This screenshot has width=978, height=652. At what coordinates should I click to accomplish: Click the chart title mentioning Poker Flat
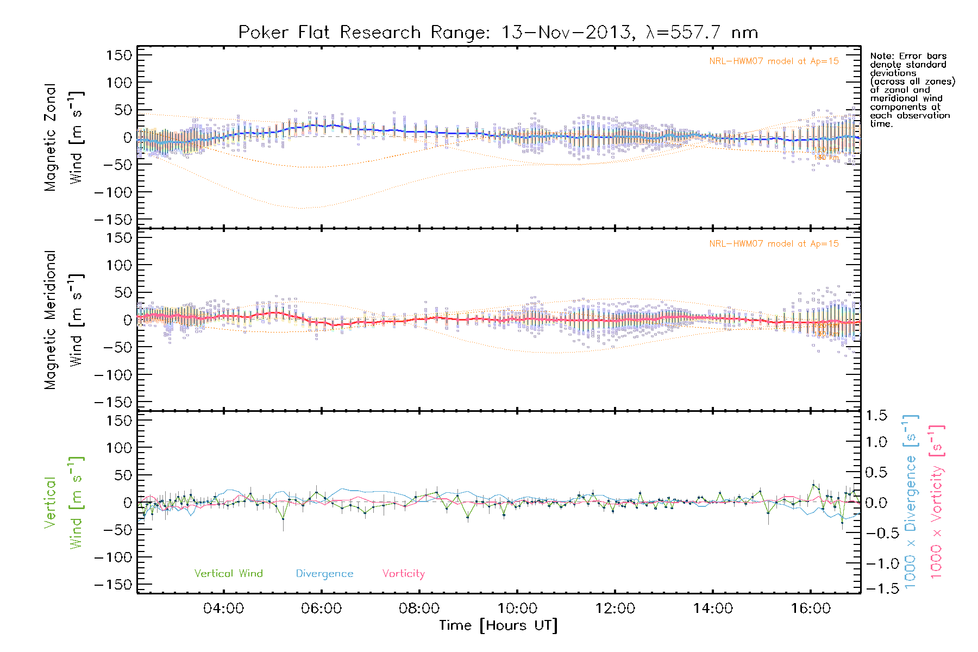pyautogui.click(x=498, y=33)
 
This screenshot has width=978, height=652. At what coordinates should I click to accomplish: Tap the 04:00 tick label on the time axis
pyautogui.click(x=223, y=609)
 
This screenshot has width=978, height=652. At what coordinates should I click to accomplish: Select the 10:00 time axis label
pyautogui.click(x=517, y=609)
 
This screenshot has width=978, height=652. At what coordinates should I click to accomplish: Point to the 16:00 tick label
pyautogui.click(x=811, y=609)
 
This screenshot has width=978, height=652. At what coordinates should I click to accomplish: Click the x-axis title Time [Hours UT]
pyautogui.click(x=498, y=625)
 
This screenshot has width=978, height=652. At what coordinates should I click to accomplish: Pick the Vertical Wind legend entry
pyautogui.click(x=228, y=574)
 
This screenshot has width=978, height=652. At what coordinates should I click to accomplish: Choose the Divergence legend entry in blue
pyautogui.click(x=324, y=574)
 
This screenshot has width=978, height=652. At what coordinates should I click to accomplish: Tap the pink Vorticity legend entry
pyautogui.click(x=403, y=574)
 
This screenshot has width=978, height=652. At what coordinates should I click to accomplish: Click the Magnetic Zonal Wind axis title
pyautogui.click(x=64, y=137)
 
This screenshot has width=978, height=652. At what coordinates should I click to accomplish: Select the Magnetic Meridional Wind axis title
pyautogui.click(x=64, y=320)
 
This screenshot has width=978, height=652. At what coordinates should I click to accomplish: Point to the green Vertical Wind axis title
pyautogui.click(x=64, y=503)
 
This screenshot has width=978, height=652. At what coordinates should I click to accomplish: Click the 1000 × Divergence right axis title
pyautogui.click(x=911, y=502)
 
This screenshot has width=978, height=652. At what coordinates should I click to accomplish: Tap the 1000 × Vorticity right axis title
pyautogui.click(x=937, y=502)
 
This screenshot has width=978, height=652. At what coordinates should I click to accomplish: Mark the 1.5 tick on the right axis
pyautogui.click(x=876, y=416)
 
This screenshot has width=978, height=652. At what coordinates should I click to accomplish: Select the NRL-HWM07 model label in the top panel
pyautogui.click(x=774, y=61)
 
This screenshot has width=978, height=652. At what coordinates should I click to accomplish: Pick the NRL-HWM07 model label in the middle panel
pyautogui.click(x=774, y=244)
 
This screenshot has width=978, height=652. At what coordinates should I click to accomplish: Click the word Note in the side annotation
pyautogui.click(x=880, y=56)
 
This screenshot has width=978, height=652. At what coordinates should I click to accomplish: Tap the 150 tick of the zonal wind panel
pyautogui.click(x=119, y=55)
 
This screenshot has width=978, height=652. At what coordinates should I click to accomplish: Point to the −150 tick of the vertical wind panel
pyautogui.click(x=114, y=585)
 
